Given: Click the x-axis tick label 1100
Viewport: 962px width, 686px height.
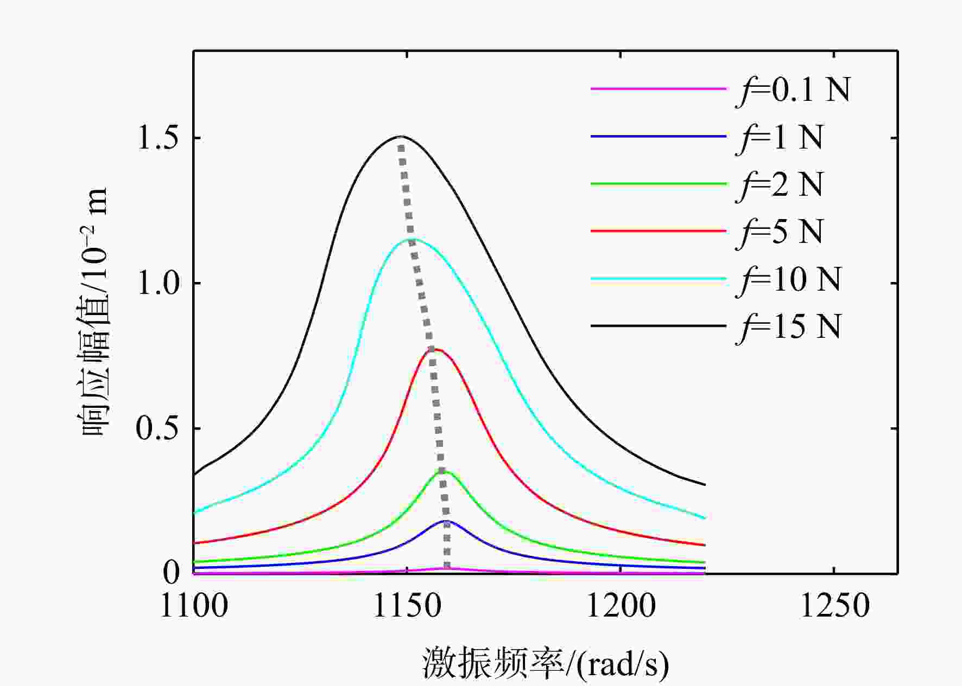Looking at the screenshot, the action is (194, 606).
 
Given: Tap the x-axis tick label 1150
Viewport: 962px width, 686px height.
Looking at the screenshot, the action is (407, 606).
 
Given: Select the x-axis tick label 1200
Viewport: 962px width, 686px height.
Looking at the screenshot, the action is (621, 606).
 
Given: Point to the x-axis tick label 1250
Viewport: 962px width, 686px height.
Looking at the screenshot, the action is (834, 606).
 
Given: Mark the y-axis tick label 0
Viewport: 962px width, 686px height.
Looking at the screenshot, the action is (172, 573).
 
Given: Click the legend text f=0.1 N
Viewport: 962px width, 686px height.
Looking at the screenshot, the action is (793, 89).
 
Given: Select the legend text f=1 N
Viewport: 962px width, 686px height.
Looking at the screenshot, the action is (780, 137).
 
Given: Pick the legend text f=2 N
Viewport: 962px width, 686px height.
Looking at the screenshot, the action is (780, 184).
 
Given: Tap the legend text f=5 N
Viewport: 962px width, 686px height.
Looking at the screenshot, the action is (780, 232).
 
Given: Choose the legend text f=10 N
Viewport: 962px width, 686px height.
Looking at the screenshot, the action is (788, 279).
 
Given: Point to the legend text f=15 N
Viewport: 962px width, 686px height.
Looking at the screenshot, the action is (788, 326).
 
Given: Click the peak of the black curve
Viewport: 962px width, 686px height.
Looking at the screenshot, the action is (401, 136).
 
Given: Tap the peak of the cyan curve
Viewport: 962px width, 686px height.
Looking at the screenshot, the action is (410, 239).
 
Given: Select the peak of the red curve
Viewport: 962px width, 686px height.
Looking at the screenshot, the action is (435, 349).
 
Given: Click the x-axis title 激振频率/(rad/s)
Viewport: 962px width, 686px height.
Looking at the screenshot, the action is (546, 663).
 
